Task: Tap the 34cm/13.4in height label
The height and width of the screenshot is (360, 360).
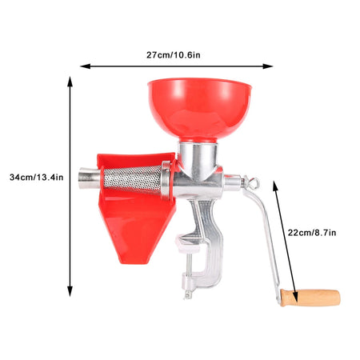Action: tap(38, 177)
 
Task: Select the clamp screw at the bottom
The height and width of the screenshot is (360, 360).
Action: tap(188, 286)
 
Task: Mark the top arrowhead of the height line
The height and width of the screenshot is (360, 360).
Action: tap(70, 80)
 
